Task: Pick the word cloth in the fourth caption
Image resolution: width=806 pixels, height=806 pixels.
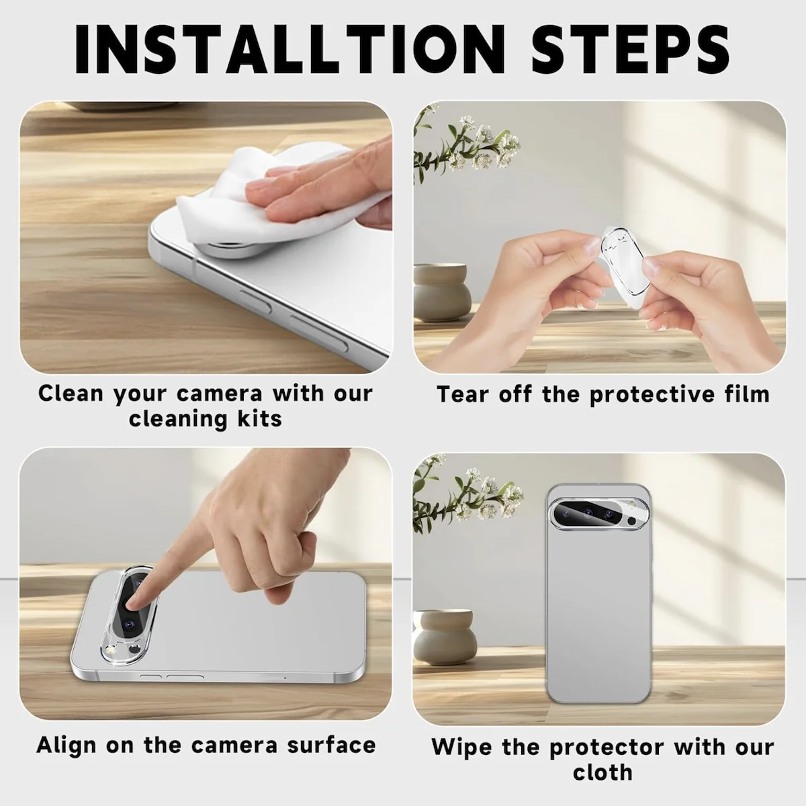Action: click(x=602, y=772)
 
